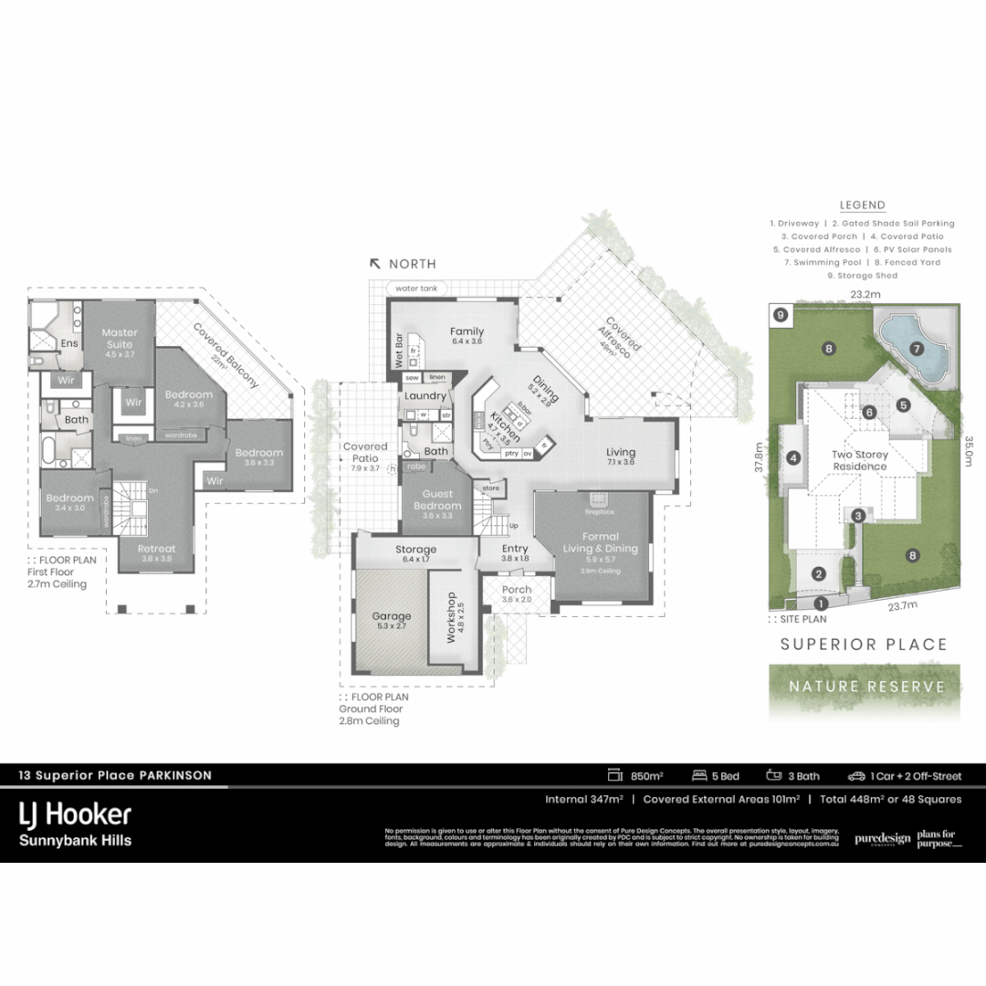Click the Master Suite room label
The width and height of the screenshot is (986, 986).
(120, 339)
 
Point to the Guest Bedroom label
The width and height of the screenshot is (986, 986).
(437, 500)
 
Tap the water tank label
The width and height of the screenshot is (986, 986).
(416, 288)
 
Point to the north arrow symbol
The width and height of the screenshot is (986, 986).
(374, 263)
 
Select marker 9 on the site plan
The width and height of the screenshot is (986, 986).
(780, 315)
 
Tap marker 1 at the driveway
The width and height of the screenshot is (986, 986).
(820, 603)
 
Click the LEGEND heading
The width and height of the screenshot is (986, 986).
(862, 205)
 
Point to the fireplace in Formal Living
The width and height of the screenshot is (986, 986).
(598, 498)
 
